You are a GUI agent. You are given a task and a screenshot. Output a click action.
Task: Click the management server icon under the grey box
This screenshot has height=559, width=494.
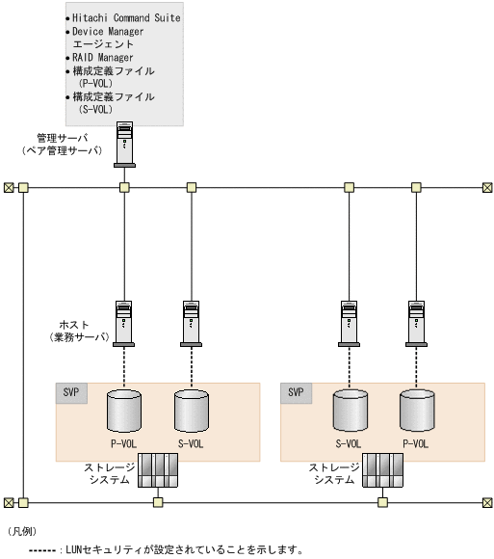(124, 145)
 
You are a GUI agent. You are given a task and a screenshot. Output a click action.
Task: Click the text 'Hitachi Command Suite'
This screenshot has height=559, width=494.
(126, 17)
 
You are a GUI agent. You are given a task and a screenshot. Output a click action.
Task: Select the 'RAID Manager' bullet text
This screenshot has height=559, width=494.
(103, 58)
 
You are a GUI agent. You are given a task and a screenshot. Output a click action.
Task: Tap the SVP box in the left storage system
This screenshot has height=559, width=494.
(71, 393)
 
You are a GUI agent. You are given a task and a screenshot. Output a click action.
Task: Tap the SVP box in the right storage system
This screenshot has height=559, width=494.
(296, 393)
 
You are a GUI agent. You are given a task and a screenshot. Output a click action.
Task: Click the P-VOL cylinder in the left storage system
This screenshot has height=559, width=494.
(124, 411)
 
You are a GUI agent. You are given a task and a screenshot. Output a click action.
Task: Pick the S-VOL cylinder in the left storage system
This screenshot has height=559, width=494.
(192, 411)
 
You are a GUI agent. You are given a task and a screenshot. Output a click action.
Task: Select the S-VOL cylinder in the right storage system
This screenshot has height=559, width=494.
(351, 411)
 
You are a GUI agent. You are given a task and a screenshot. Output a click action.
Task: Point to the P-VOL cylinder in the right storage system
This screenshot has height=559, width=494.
(417, 411)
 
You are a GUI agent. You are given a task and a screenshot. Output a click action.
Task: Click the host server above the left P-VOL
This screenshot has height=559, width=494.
(123, 324)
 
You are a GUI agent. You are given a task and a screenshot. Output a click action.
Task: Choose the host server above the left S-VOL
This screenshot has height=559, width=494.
(192, 324)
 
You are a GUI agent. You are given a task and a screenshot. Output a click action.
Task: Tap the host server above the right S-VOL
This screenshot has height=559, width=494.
(349, 324)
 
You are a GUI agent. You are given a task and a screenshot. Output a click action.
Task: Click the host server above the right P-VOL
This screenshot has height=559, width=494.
(416, 324)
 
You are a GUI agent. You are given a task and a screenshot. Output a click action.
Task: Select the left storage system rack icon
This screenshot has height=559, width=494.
(158, 470)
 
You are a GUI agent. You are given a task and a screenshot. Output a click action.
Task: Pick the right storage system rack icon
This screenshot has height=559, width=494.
(382, 470)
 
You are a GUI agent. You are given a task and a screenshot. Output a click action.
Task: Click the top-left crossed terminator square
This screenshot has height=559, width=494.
(9, 188)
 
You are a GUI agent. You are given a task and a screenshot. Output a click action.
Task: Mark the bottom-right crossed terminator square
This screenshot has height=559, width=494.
(487, 503)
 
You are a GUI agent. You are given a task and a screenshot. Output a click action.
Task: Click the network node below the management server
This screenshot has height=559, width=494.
(124, 188)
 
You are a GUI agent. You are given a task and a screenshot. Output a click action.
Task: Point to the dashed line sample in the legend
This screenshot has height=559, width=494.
(42, 550)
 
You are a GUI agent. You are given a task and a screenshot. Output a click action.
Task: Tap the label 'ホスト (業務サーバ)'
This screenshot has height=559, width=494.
(79, 331)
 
